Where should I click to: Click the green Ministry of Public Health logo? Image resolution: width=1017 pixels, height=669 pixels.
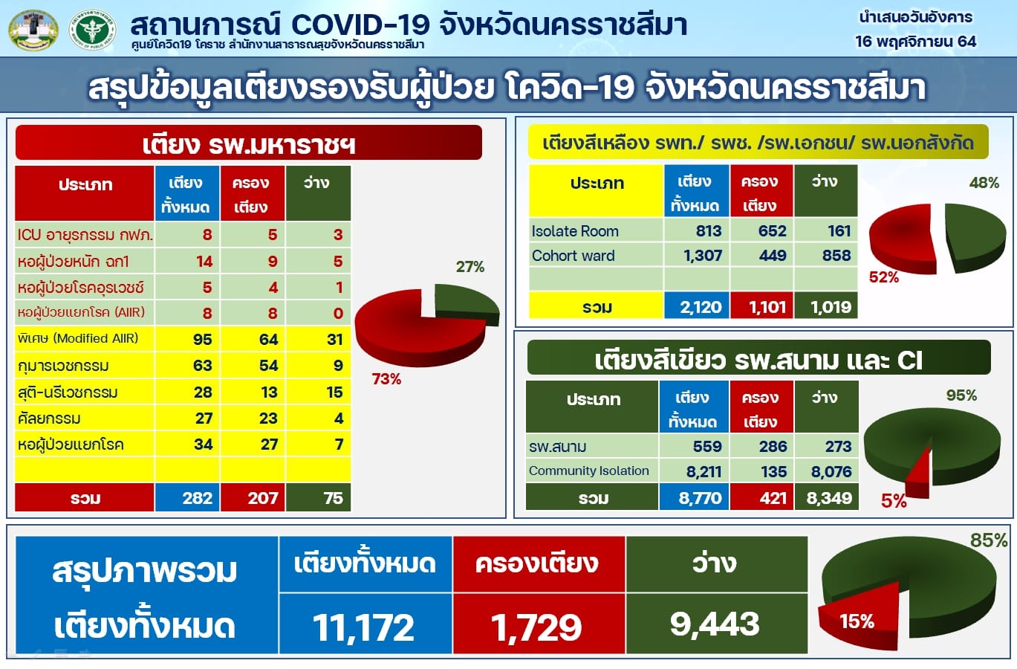point(93,30)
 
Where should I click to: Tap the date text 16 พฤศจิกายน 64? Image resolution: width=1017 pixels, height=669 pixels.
point(915,42)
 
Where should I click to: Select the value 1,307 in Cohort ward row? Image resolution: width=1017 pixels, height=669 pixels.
point(703,256)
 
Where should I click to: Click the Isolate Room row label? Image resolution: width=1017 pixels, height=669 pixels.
point(575,231)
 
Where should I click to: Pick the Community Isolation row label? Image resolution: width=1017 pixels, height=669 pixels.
point(589,471)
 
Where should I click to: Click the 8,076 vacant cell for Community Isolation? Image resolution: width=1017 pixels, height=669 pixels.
point(831,472)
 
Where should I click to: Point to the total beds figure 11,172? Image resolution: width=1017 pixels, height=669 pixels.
point(364,627)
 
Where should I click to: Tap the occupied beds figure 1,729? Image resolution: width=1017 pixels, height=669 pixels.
point(536,627)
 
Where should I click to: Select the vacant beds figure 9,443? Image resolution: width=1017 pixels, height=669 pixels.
point(715,624)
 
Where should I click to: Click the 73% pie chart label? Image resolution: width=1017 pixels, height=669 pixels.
point(386,379)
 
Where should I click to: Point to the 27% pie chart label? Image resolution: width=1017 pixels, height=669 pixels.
point(470,267)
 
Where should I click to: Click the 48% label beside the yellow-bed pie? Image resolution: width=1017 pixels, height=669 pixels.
point(984,183)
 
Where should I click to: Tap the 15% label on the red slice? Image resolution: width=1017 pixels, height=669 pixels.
point(857,621)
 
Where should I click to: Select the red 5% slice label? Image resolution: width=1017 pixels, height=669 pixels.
point(894,501)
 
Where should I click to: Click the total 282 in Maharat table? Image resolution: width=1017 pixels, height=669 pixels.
point(198,498)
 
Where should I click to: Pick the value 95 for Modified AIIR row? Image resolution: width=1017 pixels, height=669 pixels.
point(202,339)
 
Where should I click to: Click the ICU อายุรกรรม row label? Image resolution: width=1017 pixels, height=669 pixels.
point(85,235)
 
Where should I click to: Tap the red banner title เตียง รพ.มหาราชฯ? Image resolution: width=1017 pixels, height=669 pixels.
point(248,144)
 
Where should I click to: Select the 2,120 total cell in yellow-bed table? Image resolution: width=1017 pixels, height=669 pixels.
point(701,308)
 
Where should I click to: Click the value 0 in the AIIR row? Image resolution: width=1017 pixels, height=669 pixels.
point(338,314)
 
